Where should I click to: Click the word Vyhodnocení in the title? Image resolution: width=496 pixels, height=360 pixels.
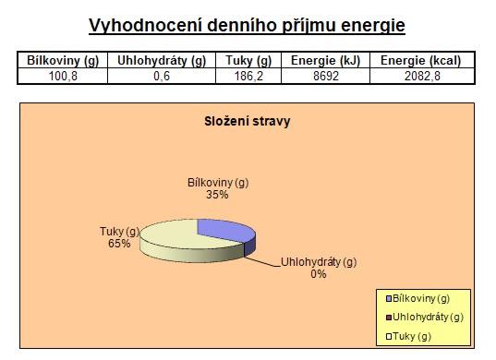click(145, 26)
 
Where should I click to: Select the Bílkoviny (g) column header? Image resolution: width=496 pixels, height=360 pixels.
click(63, 60)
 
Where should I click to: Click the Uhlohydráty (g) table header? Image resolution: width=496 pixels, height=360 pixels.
click(162, 60)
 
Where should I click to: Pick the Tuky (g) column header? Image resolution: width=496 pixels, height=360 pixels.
click(248, 60)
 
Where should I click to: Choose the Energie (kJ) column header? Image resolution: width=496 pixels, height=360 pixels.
click(325, 60)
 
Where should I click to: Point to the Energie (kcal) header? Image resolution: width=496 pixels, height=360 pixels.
click(420, 60)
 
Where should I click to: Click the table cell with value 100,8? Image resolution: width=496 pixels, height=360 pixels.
click(63, 77)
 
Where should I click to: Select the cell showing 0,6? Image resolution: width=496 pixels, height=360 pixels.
click(162, 77)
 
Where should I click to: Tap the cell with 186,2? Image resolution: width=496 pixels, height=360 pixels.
click(248, 77)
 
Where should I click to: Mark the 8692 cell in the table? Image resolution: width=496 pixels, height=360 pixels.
click(326, 77)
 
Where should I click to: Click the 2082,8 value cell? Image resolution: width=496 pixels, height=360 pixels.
click(422, 77)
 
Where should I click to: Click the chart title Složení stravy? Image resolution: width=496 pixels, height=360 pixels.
click(247, 121)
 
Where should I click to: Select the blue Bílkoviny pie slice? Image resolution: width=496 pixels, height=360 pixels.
click(228, 232)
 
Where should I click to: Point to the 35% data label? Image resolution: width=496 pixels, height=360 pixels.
click(217, 195)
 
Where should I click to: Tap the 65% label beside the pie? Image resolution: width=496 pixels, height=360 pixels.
click(119, 244)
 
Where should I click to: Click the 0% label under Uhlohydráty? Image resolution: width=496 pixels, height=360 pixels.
click(319, 274)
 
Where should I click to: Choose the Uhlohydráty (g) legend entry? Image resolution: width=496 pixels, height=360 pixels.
click(425, 318)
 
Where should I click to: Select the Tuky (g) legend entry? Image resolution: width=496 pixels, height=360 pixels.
click(408, 336)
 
